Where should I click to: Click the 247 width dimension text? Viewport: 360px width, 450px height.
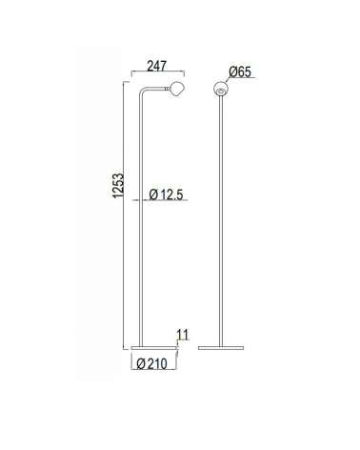pos(158,68)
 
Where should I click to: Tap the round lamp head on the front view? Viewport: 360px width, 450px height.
pos(221,91)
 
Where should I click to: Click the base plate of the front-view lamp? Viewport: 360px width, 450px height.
pos(221,347)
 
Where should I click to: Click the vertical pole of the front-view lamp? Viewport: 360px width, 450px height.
pos(221,219)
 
